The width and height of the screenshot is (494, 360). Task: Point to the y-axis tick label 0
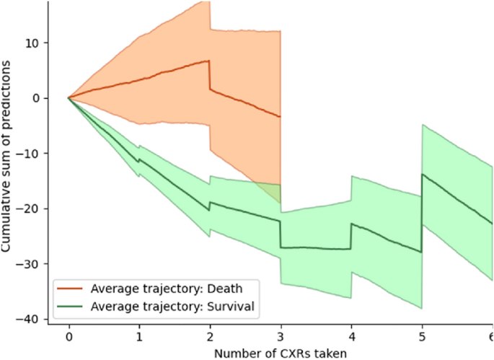click(38, 98)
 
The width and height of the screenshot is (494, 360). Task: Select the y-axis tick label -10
click(32, 154)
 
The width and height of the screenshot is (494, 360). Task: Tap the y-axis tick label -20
click(32, 209)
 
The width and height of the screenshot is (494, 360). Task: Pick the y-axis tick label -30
click(32, 264)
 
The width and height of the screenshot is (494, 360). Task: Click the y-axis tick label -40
click(32, 320)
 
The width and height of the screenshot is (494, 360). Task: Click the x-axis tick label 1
click(139, 337)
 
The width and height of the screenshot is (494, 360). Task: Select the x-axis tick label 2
click(210, 337)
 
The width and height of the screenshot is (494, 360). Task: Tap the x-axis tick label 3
click(280, 337)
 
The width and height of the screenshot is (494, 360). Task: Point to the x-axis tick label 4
click(350, 337)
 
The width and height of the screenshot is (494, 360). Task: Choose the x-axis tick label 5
click(421, 337)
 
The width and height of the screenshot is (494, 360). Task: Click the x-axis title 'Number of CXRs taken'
click(280, 353)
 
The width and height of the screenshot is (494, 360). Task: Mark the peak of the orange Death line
click(208, 61)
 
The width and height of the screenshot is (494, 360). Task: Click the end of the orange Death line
click(280, 117)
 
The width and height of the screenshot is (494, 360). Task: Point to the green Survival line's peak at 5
click(423, 174)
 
